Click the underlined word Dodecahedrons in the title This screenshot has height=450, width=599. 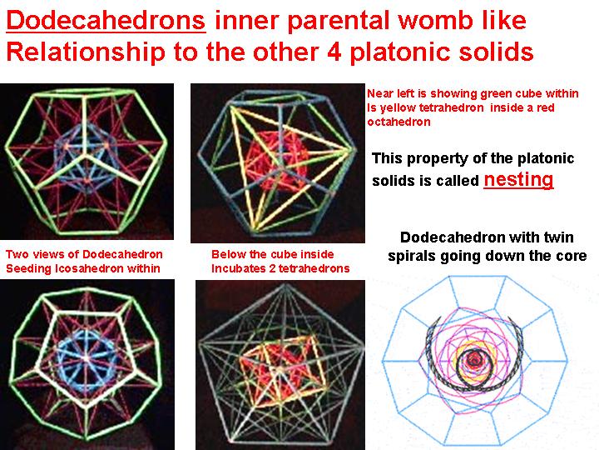click(x=106, y=20)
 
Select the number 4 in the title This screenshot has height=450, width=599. click(x=335, y=52)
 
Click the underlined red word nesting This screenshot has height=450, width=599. click(x=518, y=179)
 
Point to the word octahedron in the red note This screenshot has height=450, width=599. click(x=399, y=122)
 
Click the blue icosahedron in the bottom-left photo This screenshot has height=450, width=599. click(x=86, y=358)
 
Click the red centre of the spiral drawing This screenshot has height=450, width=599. click(x=475, y=359)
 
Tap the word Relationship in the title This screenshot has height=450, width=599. click(x=86, y=52)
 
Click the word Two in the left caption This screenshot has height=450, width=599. click(x=17, y=254)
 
